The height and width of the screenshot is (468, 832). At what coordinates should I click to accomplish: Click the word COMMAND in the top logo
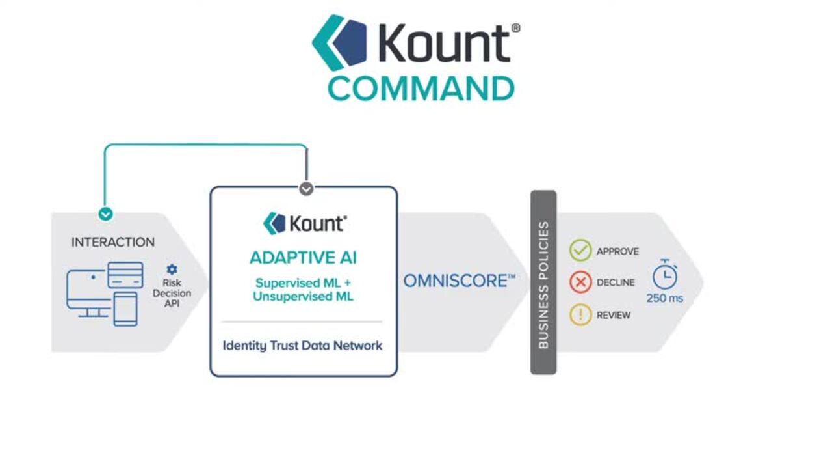click(421, 89)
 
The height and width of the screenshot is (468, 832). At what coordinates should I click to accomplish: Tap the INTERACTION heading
click(113, 242)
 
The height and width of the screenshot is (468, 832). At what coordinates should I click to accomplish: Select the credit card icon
click(125, 275)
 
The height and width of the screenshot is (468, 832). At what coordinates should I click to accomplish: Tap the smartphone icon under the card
click(125, 309)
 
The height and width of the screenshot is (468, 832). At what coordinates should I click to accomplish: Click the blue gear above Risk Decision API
click(172, 269)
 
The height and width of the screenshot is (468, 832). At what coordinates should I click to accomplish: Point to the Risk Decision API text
click(172, 293)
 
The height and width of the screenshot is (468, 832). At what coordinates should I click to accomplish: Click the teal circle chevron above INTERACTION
click(105, 214)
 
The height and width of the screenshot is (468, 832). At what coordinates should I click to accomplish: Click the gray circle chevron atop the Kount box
click(306, 189)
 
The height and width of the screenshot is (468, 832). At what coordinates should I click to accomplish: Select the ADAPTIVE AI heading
click(303, 258)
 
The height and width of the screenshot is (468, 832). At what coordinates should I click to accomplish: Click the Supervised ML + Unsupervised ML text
click(304, 290)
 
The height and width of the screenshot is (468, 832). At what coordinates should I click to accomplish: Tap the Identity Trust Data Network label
click(302, 346)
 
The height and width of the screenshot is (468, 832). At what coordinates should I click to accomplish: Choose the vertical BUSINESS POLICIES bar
click(543, 282)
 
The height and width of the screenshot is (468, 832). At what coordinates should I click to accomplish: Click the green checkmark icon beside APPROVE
click(580, 251)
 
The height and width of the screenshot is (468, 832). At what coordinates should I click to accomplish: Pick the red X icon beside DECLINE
click(580, 282)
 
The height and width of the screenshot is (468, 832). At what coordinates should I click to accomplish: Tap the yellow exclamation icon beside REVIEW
click(580, 315)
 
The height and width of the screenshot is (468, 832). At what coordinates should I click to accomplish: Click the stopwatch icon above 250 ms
click(664, 275)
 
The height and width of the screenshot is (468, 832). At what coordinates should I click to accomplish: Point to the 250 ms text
click(664, 298)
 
